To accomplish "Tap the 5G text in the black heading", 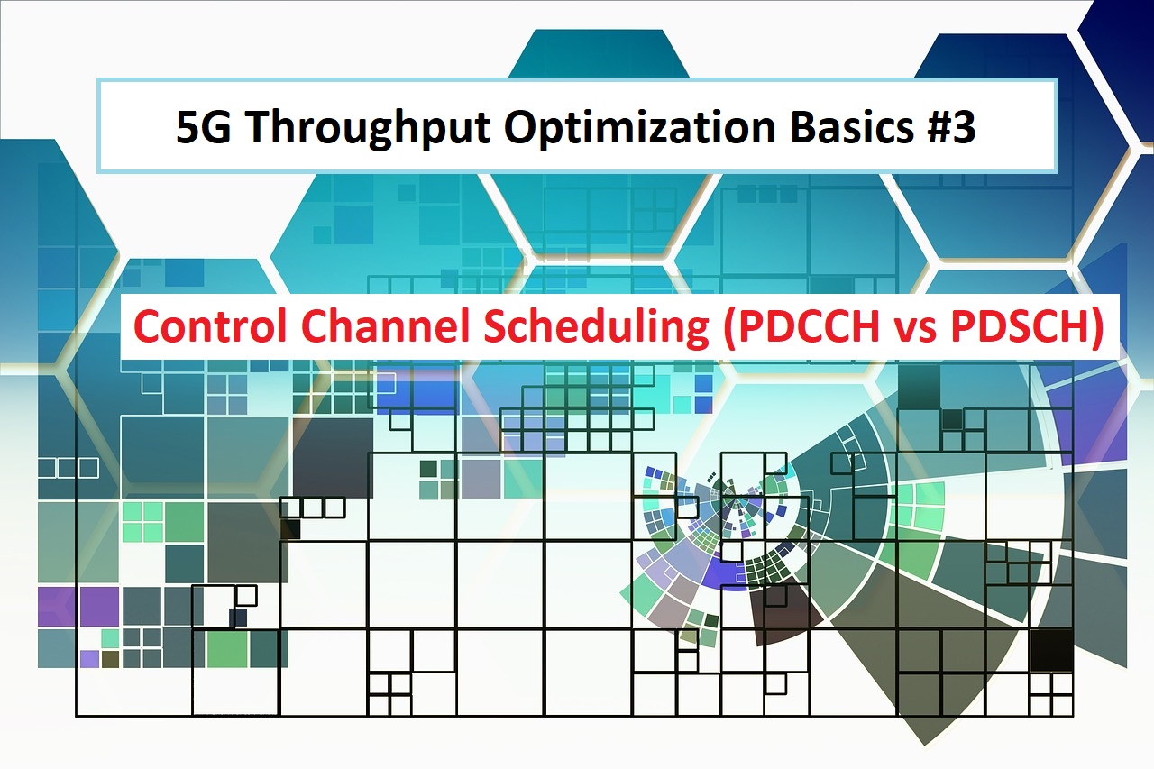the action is [x=203, y=127].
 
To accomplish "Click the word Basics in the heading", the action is [x=852, y=127].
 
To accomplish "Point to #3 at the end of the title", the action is [x=950, y=127].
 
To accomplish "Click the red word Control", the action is [x=210, y=325].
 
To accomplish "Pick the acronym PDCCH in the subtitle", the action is [x=807, y=326].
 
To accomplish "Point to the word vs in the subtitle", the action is [x=914, y=331].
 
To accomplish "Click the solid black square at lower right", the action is [x=1051, y=650].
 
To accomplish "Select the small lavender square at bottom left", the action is [x=89, y=659].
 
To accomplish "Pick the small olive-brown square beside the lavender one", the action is [x=110, y=659].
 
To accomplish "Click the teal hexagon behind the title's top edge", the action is [x=599, y=53].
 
